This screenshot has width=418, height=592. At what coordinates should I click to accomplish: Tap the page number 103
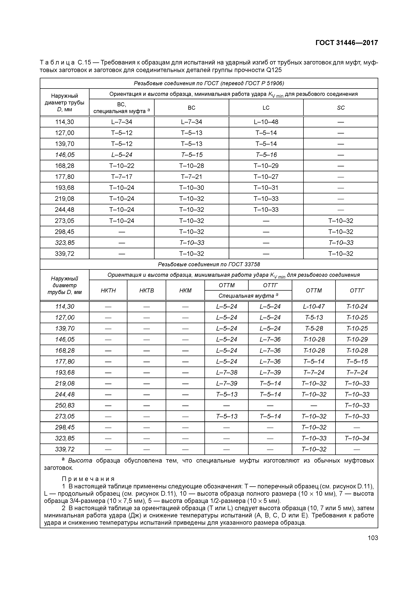pos(373,538)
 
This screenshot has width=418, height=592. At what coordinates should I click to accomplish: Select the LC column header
pos(266,108)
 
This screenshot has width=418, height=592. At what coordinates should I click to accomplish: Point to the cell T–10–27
pos(266,177)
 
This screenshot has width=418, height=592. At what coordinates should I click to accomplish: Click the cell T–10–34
pos(357,438)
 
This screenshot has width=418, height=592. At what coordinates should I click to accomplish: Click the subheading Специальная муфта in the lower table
pos(248,295)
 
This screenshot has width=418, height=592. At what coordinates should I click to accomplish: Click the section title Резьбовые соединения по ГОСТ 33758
pos(209,264)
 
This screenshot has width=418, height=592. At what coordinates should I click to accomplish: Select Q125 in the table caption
pos(274,70)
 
